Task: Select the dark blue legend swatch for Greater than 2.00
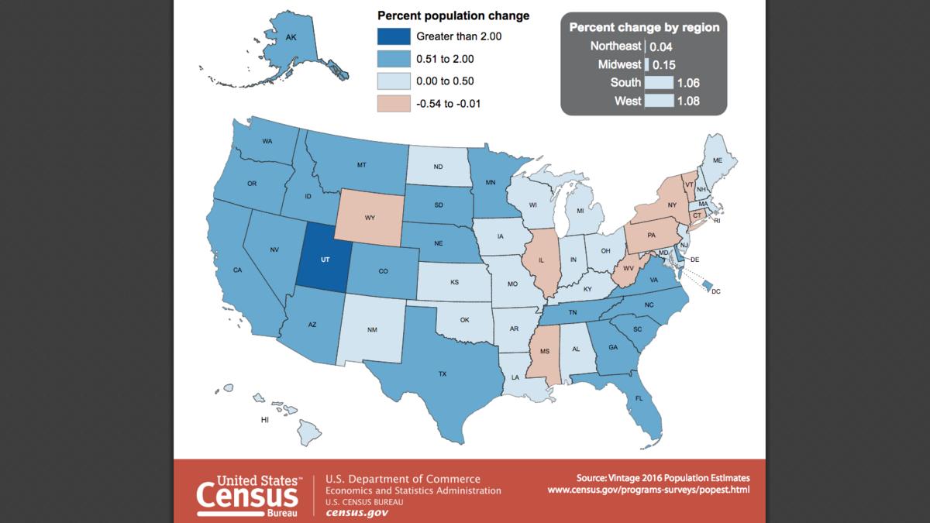(x=393, y=36)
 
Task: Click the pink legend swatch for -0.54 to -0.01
(x=393, y=103)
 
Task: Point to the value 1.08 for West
(x=688, y=101)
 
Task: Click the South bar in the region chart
(x=660, y=83)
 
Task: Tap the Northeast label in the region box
(x=615, y=46)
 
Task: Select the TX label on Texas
(x=443, y=373)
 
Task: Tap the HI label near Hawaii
(x=264, y=419)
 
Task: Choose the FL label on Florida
(x=639, y=398)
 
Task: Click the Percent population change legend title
(x=453, y=15)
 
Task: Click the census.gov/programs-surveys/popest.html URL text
(x=649, y=490)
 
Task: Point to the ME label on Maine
(x=718, y=160)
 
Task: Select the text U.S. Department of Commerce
(x=402, y=479)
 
